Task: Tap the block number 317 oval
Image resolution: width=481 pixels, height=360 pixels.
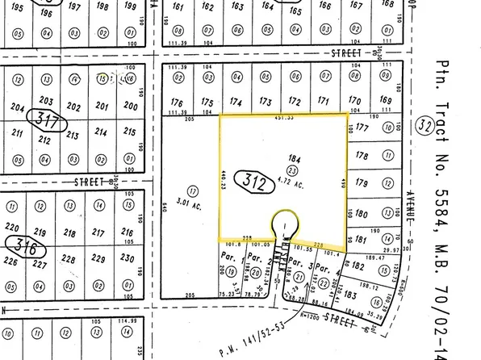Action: (x=48, y=121)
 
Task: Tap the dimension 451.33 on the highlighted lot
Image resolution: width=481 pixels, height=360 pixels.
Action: (x=284, y=117)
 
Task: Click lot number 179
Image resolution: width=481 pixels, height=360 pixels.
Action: (x=362, y=184)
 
